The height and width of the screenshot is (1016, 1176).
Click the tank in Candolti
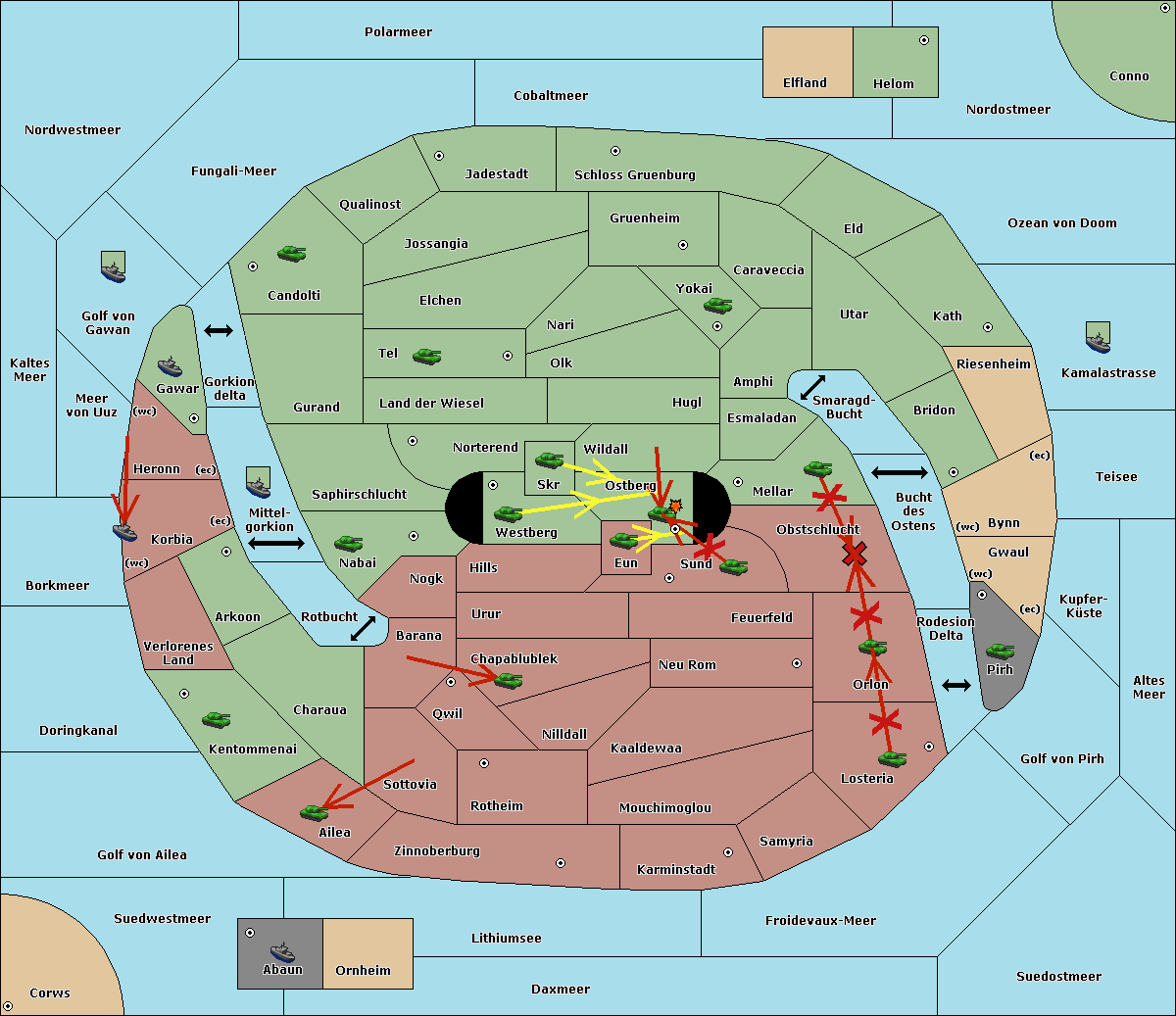(292, 253)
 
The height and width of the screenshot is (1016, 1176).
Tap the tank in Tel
(427, 356)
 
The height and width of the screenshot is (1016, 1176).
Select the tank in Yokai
(718, 306)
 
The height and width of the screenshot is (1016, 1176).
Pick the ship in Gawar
(170, 367)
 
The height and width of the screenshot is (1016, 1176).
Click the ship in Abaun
(283, 951)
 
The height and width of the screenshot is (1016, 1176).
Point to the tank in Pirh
(1001, 651)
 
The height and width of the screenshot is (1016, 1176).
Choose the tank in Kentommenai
(217, 719)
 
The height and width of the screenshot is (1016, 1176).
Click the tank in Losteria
(892, 758)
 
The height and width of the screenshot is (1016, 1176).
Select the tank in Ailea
(314, 812)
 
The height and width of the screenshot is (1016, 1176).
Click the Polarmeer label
(398, 32)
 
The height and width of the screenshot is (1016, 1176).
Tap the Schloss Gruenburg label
(635, 174)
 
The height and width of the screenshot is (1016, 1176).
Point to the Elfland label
(805, 83)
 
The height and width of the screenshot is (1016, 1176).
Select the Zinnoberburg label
(437, 850)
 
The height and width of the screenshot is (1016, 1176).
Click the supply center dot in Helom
(924, 40)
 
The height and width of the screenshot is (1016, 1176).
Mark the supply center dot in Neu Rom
(797, 663)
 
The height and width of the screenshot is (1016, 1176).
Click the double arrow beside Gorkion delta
(219, 330)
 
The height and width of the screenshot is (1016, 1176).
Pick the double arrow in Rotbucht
(363, 628)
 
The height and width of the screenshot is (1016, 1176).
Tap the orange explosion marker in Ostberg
(675, 506)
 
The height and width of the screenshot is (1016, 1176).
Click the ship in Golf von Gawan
(114, 266)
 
